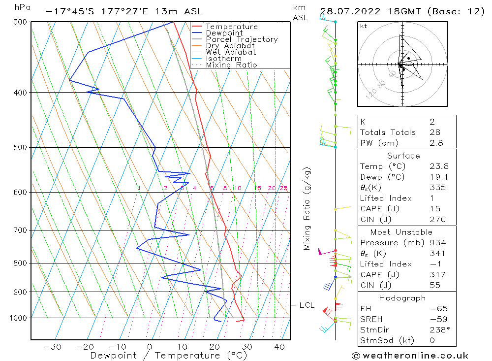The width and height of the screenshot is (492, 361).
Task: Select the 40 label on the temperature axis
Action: (x=280, y=347)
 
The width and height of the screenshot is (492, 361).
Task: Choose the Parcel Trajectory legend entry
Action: (x=242, y=39)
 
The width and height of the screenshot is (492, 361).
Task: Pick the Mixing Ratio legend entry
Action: (x=231, y=65)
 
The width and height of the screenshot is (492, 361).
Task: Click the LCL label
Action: (x=307, y=305)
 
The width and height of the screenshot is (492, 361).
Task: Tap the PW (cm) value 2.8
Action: (x=436, y=143)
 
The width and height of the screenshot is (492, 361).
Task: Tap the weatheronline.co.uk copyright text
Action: (x=410, y=356)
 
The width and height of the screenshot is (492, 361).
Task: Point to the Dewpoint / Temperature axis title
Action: (x=160, y=356)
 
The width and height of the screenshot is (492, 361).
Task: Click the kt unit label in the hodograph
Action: (x=363, y=26)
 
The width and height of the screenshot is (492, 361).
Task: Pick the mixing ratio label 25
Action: (x=283, y=188)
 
